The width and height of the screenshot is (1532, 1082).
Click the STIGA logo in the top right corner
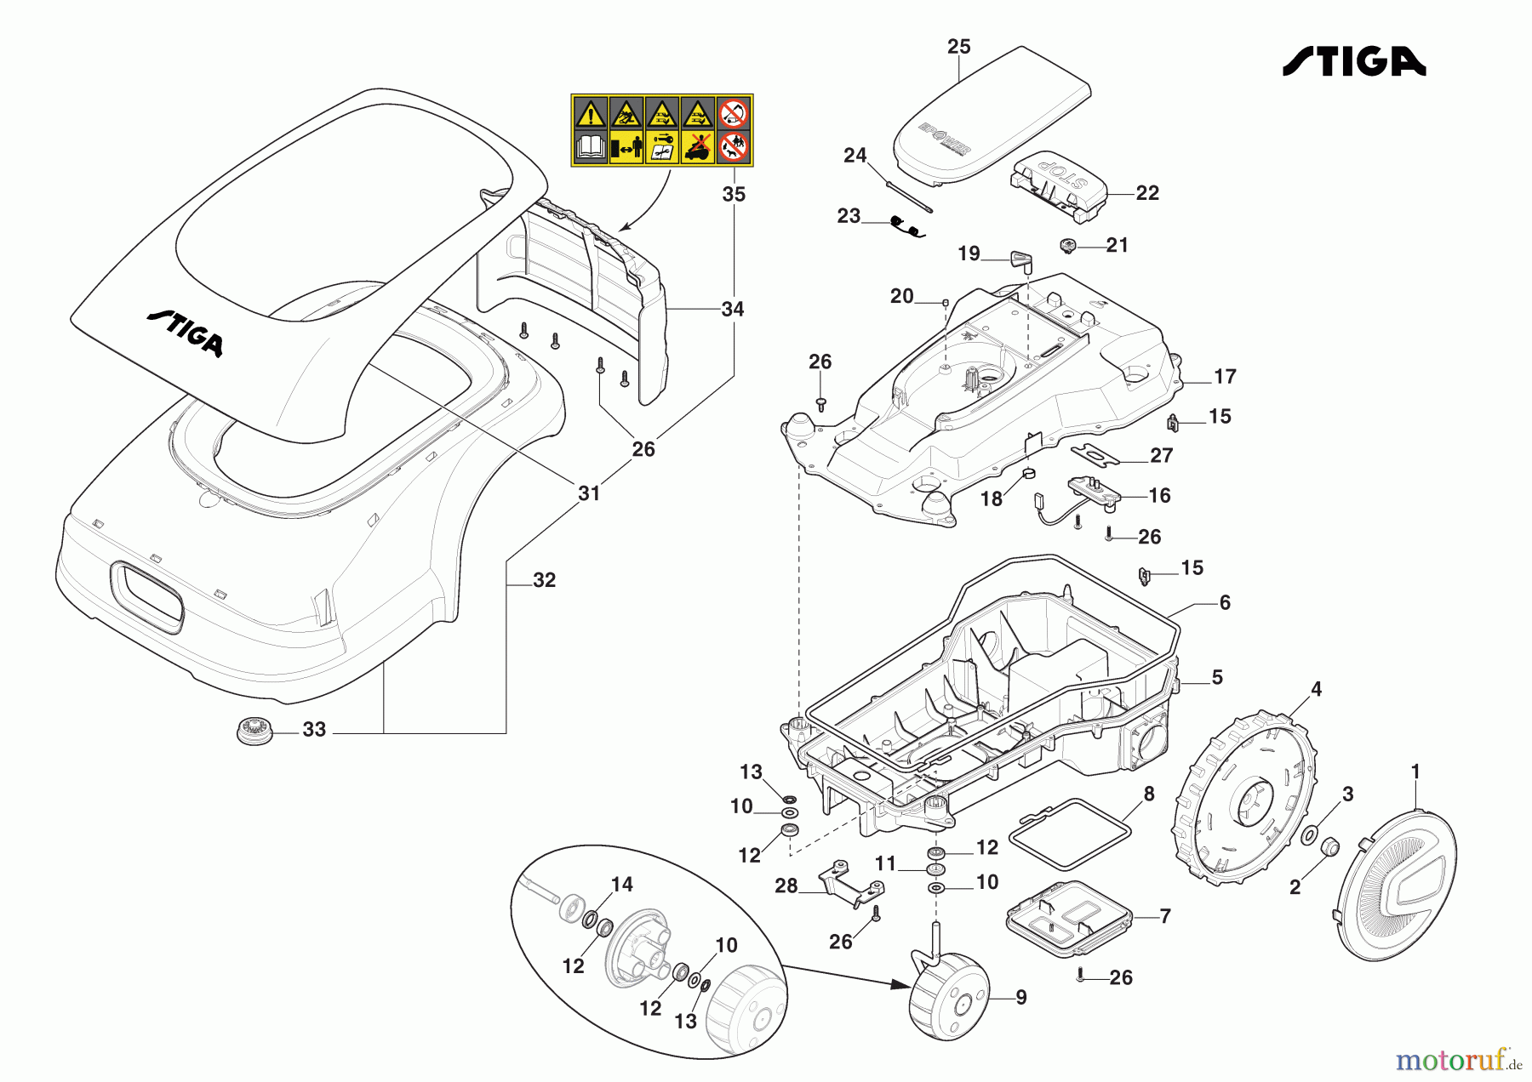(1353, 62)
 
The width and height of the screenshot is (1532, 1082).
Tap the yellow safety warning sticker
(661, 130)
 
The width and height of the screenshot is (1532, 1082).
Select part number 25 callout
(958, 47)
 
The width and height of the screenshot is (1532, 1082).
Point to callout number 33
(314, 730)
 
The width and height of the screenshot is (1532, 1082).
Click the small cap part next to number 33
(254, 731)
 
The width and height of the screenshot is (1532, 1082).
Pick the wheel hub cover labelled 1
(1397, 886)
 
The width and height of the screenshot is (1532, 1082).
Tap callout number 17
(1224, 377)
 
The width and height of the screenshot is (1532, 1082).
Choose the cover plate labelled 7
(1068, 919)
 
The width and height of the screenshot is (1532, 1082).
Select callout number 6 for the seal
(1224, 603)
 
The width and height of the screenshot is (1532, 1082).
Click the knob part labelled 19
(1020, 261)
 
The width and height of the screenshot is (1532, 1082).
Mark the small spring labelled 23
(905, 225)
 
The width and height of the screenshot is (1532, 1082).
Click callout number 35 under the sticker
(734, 195)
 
